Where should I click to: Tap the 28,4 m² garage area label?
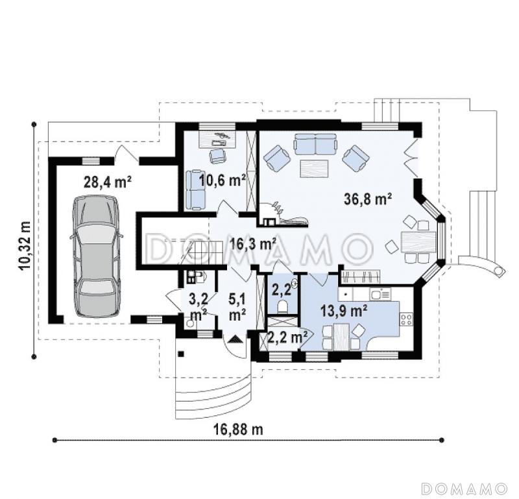pyautogui.click(x=108, y=182)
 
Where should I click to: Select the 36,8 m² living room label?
pyautogui.click(x=368, y=199)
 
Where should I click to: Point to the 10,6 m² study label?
pyautogui.click(x=223, y=180)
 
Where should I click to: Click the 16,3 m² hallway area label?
pyautogui.click(x=253, y=245)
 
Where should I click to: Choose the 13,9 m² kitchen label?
pyautogui.click(x=344, y=311)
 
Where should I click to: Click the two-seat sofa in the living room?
pyautogui.click(x=315, y=144)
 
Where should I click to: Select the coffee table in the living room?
pyautogui.click(x=314, y=169)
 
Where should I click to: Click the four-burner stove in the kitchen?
pyautogui.click(x=407, y=319)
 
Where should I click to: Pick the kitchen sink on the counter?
pyautogui.click(x=381, y=293)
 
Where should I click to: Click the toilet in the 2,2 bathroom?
pyautogui.click(x=284, y=307)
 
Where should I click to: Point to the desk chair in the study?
pyautogui.click(x=217, y=155)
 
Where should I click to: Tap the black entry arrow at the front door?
pyautogui.click(x=236, y=339)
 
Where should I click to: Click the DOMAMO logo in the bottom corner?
pyautogui.click(x=465, y=488)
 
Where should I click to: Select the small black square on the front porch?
pyautogui.click(x=181, y=354)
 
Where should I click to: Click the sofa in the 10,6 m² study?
pyautogui.click(x=196, y=189)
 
